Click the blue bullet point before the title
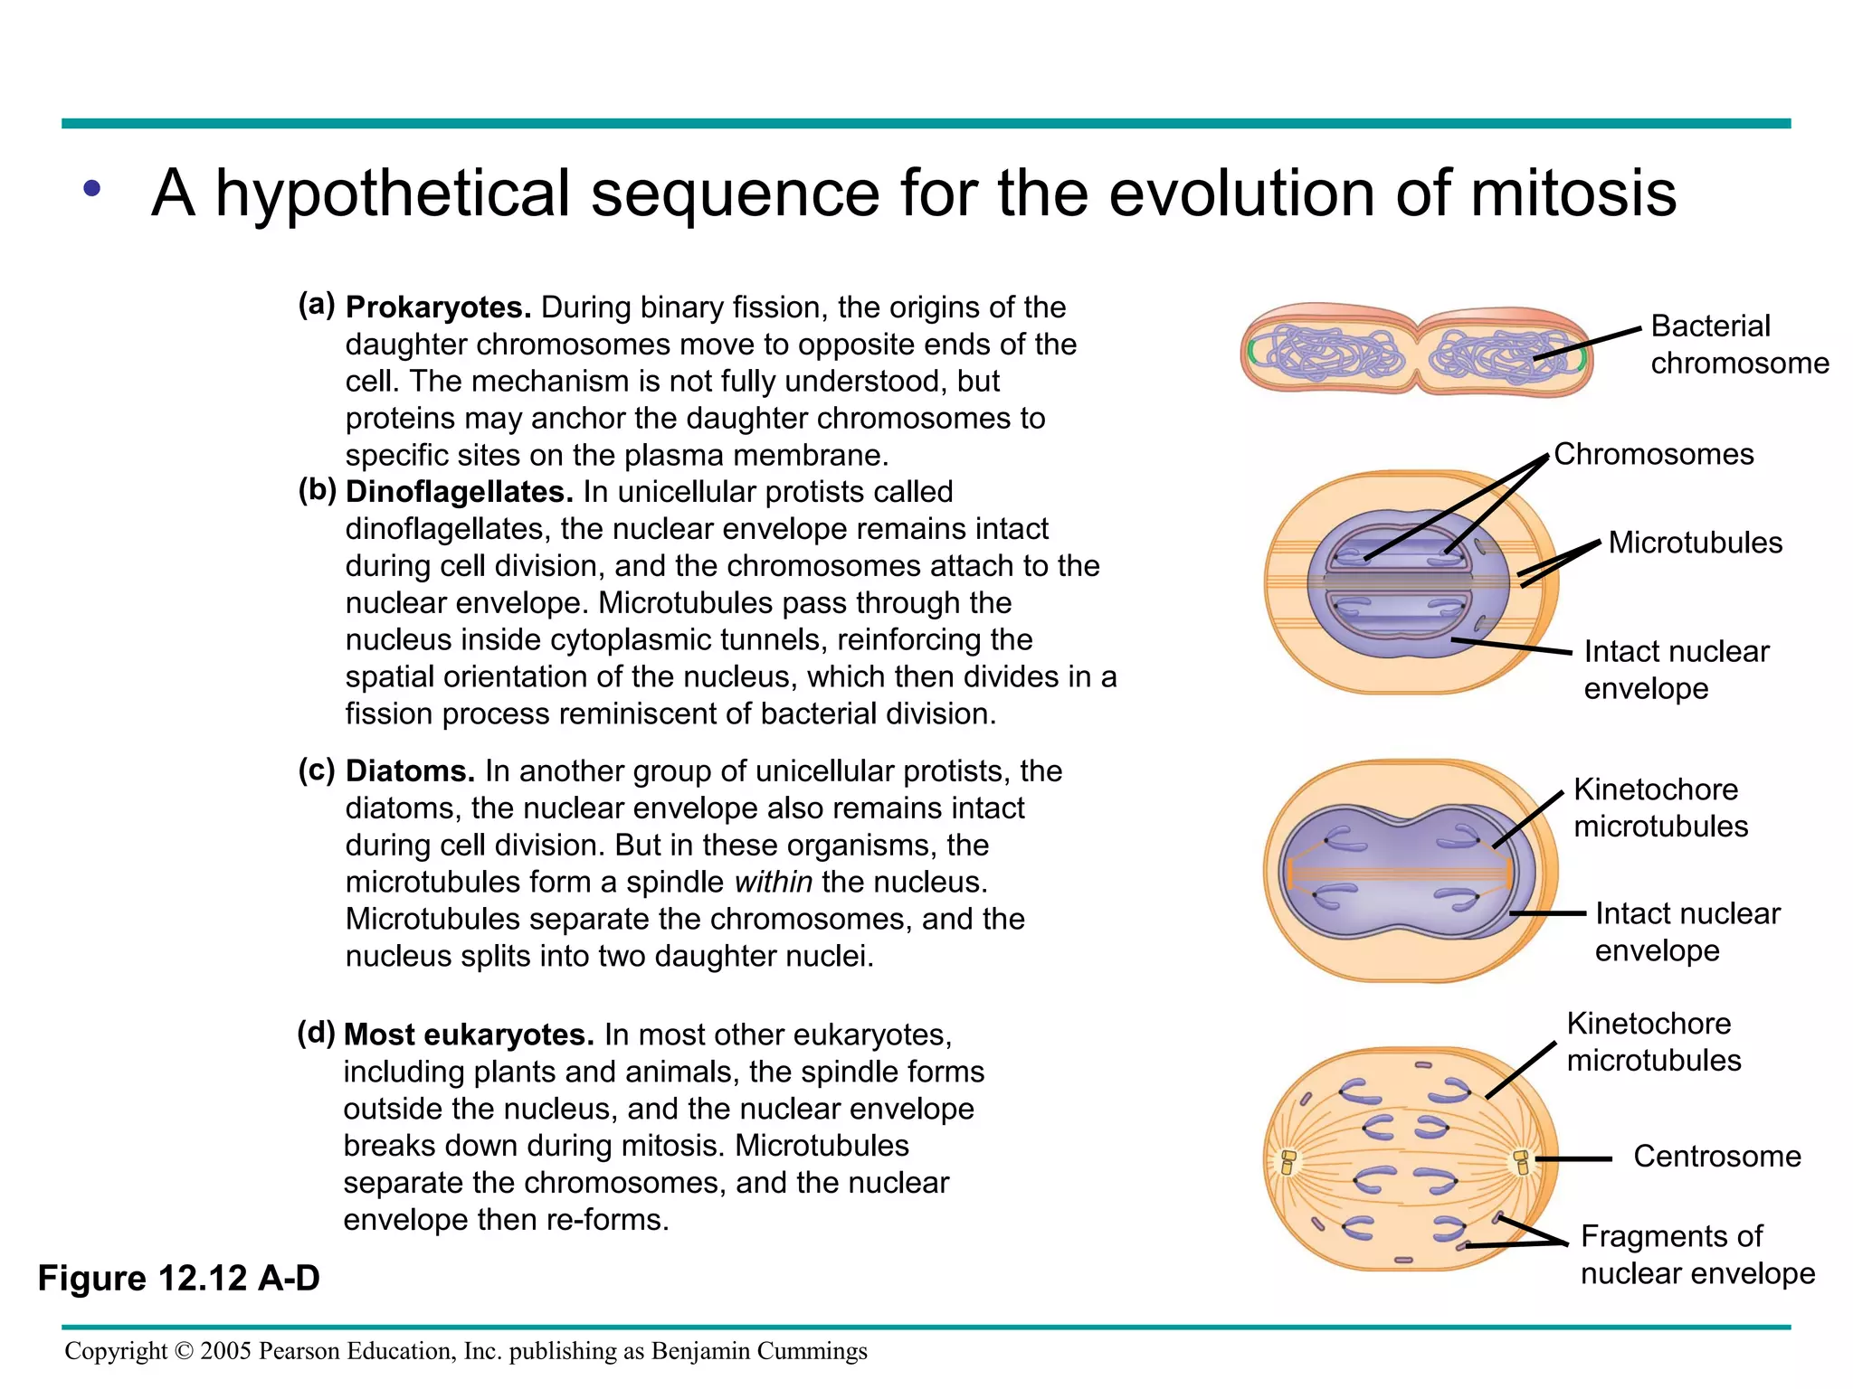[91, 189]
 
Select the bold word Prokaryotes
[438, 307]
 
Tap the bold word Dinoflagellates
[460, 492]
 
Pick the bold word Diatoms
[410, 771]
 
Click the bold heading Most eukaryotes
[469, 1035]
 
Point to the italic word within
[773, 882]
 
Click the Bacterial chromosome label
[1738, 345]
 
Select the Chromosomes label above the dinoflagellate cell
[1653, 454]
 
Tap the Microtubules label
[1695, 543]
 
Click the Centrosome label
[1716, 1157]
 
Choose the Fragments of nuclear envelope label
[1696, 1255]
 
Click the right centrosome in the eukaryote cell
[1522, 1161]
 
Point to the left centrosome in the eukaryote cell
[1288, 1162]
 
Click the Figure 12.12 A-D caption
[179, 1279]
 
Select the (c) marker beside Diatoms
[317, 770]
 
